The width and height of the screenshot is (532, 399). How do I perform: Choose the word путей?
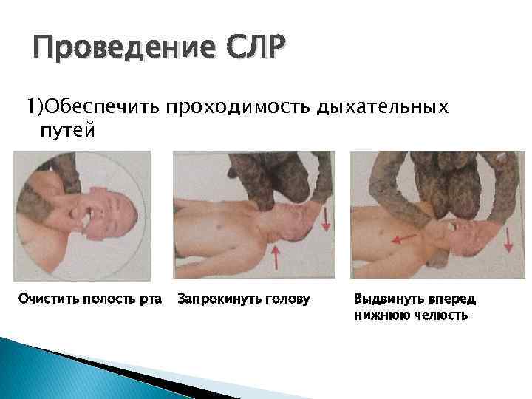point(67,131)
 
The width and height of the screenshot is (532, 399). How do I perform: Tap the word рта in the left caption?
point(149,299)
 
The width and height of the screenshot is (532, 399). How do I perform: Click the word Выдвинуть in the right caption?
point(387,299)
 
